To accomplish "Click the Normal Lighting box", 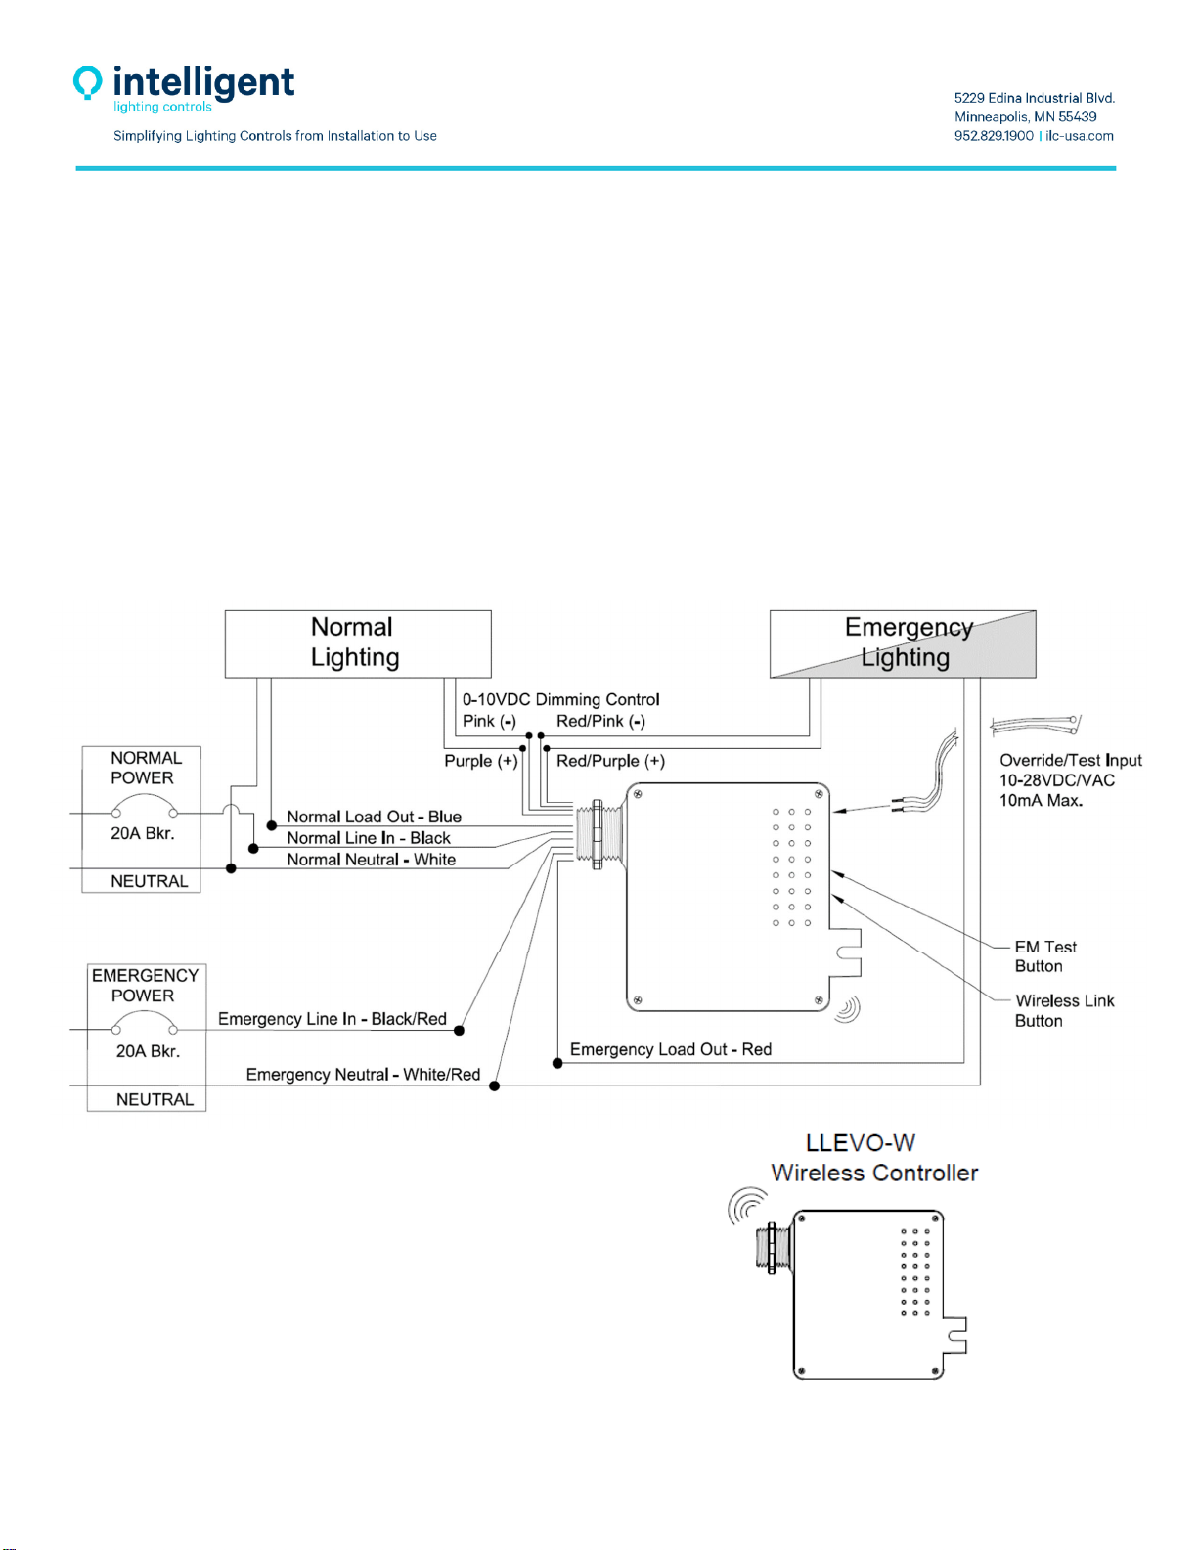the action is tap(358, 643).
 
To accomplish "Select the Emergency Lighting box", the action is tap(903, 643).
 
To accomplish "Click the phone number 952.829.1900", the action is tap(994, 136).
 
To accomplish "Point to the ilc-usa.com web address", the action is tap(1079, 136).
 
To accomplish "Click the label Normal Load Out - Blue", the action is tap(374, 816).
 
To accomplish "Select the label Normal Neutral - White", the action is tap(371, 859).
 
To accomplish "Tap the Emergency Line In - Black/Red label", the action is tap(333, 1019).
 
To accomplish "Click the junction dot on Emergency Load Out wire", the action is tap(557, 1063).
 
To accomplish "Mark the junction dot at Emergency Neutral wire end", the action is tap(494, 1085).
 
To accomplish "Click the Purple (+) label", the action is tap(480, 761).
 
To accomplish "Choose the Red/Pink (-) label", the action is tap(600, 721).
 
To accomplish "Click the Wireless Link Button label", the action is tap(1064, 1010).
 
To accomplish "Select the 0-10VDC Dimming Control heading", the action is tap(560, 699).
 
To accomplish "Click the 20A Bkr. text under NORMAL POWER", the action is tap(142, 832).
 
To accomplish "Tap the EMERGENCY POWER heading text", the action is tap(145, 985).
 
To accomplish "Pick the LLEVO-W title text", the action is tap(860, 1143).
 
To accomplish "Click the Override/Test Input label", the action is tap(1070, 760).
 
